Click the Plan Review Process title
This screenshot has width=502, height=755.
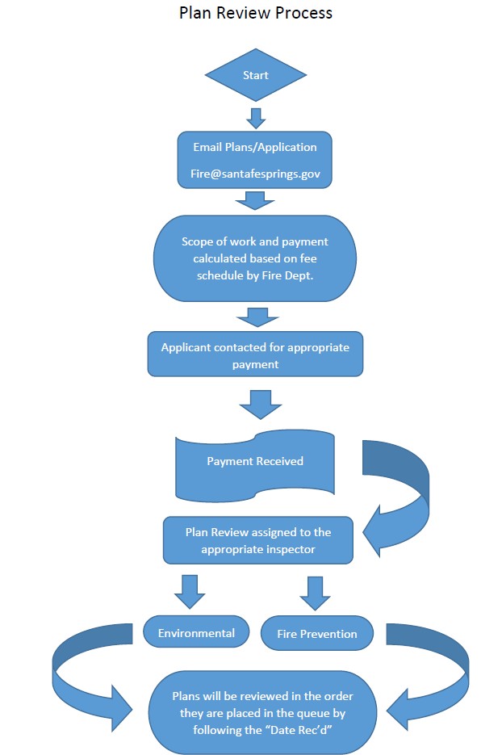255,13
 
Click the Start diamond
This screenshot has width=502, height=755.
255,75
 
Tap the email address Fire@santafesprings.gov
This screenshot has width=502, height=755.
254,174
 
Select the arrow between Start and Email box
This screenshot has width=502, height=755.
256,117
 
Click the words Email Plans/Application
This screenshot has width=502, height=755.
254,148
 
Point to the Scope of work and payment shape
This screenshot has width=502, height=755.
254,258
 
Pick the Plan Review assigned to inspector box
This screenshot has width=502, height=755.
258,539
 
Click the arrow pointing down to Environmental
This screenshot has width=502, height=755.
190,591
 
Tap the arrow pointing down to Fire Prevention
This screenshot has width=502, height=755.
316,593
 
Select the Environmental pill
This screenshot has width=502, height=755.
196,632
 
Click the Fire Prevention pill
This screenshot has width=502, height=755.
317,634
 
